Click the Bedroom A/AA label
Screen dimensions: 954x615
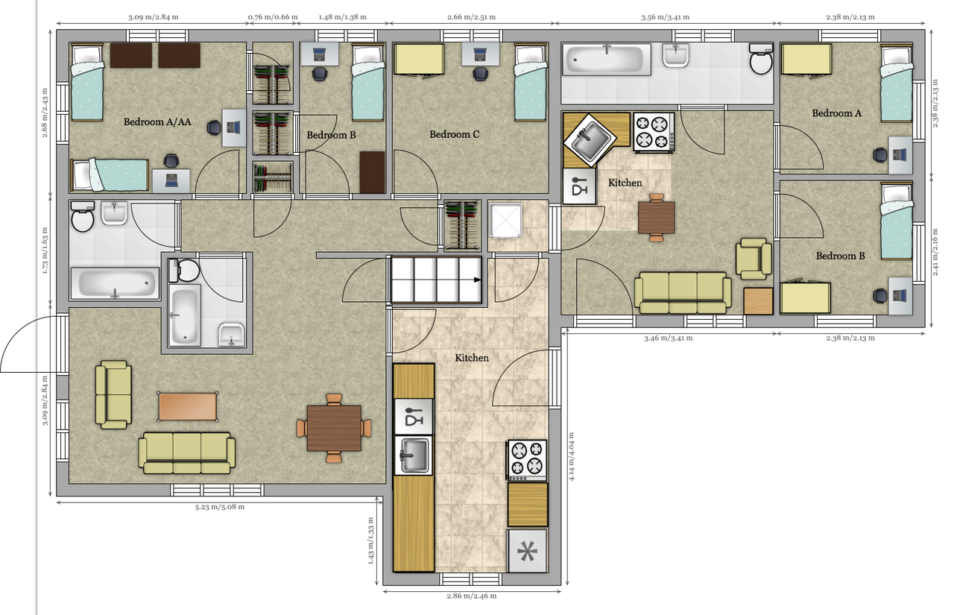(x=157, y=122)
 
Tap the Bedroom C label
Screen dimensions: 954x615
(x=454, y=135)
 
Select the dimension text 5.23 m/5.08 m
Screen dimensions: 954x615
(x=220, y=507)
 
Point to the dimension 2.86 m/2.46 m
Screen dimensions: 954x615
(x=472, y=596)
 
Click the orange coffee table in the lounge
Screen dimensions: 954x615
(x=187, y=407)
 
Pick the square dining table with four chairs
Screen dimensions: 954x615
(x=334, y=428)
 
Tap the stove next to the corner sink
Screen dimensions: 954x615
(x=654, y=132)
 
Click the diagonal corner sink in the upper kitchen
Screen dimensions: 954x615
(x=590, y=139)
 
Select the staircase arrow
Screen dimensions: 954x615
(x=478, y=280)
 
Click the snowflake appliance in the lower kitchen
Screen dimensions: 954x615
(x=527, y=551)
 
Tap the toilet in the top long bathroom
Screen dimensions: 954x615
(x=761, y=59)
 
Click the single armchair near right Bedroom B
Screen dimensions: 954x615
(x=754, y=259)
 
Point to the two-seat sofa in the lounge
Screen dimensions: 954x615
(x=113, y=394)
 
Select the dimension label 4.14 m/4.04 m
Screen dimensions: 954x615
(x=572, y=456)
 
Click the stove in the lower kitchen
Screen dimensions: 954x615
(x=527, y=461)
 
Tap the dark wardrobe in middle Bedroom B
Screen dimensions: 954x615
(x=372, y=172)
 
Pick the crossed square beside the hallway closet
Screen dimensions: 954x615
(x=505, y=220)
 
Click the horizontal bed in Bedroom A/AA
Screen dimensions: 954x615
(x=110, y=175)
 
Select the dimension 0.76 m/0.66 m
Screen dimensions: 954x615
(x=273, y=17)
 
